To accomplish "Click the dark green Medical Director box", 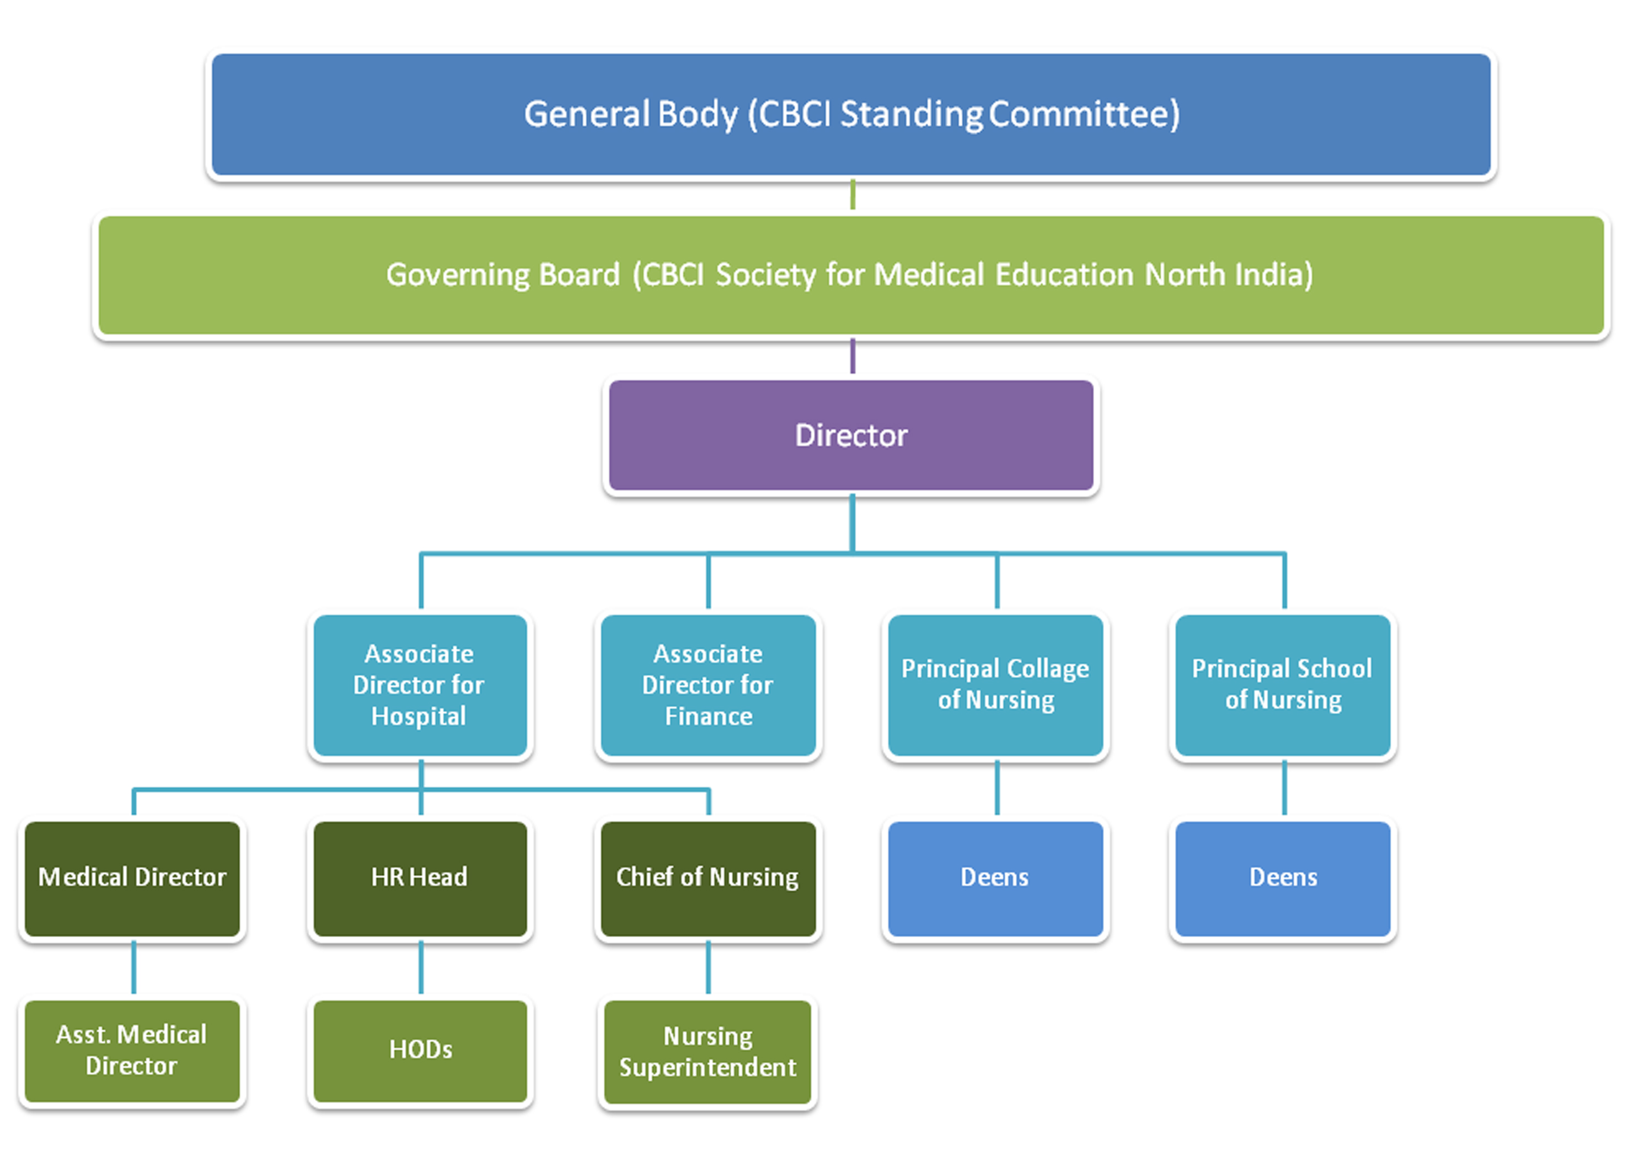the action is click(x=132, y=879).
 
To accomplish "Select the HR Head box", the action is click(x=420, y=879).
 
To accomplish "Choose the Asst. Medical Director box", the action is click(x=132, y=1051).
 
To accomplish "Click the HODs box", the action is click(x=420, y=1051).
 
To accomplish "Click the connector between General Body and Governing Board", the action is click(x=853, y=195).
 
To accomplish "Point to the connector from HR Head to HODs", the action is click(x=421, y=968).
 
